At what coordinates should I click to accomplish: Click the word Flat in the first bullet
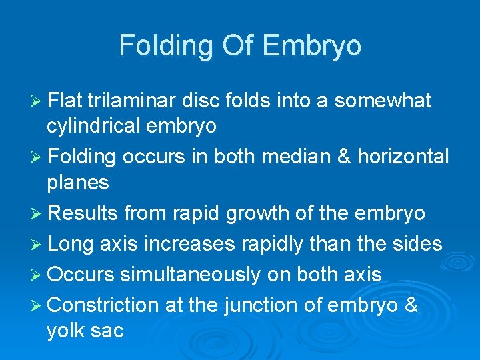point(65,101)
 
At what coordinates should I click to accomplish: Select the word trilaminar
point(135,101)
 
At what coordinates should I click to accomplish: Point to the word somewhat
point(383,101)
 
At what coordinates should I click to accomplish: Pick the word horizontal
point(403,157)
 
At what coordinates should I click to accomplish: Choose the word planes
point(77,183)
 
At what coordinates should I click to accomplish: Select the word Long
point(71,243)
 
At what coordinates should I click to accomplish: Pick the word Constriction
point(103,305)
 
